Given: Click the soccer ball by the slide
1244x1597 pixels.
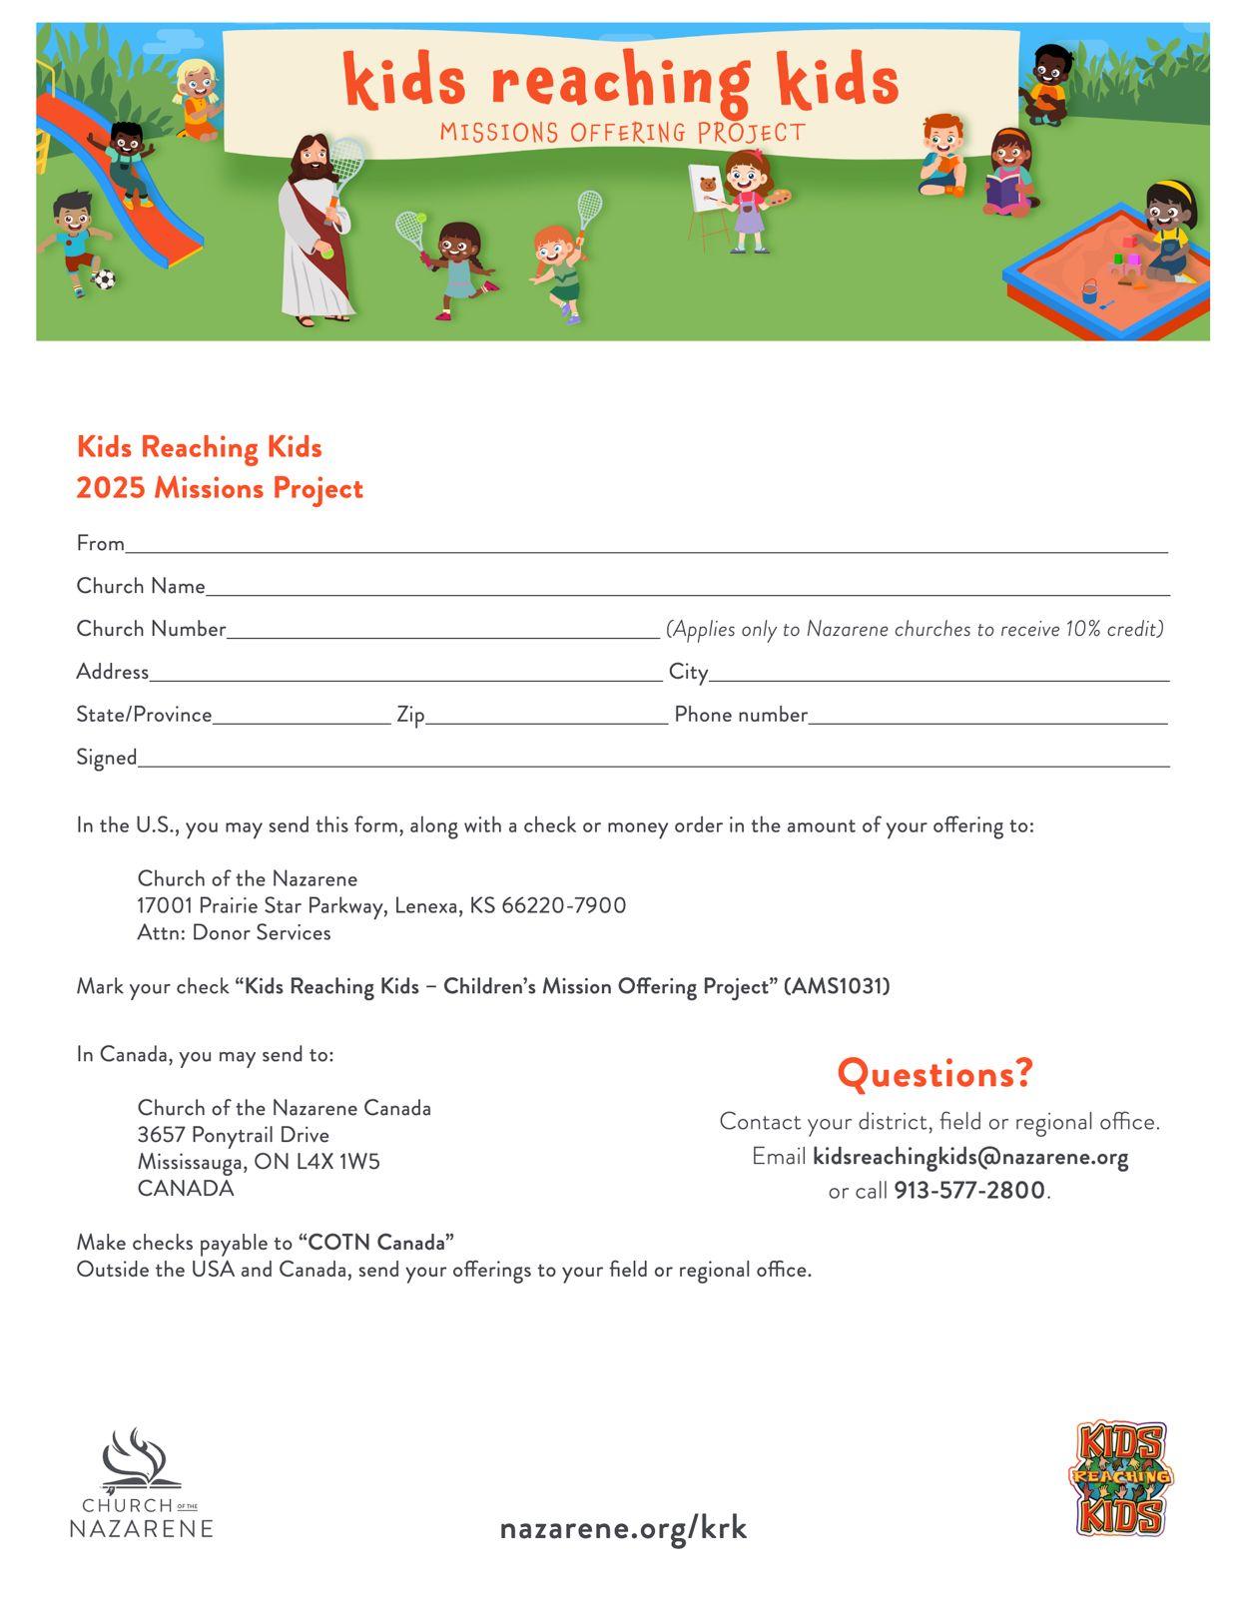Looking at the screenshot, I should click(x=104, y=279).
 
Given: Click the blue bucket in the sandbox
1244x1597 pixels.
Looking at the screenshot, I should click(x=1089, y=291).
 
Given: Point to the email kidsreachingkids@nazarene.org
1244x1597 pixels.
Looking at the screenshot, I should click(x=970, y=1157).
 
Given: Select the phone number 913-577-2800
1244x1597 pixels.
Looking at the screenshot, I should click(x=969, y=1191).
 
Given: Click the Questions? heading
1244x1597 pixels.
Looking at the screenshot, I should click(x=935, y=1074).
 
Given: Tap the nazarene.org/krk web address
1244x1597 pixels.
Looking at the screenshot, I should click(x=623, y=1528).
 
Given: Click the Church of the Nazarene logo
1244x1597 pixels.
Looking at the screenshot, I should click(x=142, y=1482).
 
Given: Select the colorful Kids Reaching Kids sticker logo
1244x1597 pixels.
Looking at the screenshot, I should click(x=1121, y=1478).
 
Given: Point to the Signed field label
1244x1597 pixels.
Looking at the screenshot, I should click(x=107, y=758).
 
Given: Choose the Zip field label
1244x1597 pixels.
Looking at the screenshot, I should click(x=410, y=715).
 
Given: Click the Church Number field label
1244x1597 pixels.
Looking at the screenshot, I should click(x=151, y=629).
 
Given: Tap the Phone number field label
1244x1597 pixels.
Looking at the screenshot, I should click(x=741, y=715).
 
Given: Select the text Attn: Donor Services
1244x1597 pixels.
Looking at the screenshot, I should click(x=234, y=933).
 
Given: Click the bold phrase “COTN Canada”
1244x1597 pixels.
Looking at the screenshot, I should click(x=376, y=1243).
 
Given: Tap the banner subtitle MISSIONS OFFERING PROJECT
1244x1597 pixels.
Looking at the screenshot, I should click(x=622, y=133).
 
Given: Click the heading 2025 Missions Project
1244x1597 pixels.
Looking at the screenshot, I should click(x=220, y=489).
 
